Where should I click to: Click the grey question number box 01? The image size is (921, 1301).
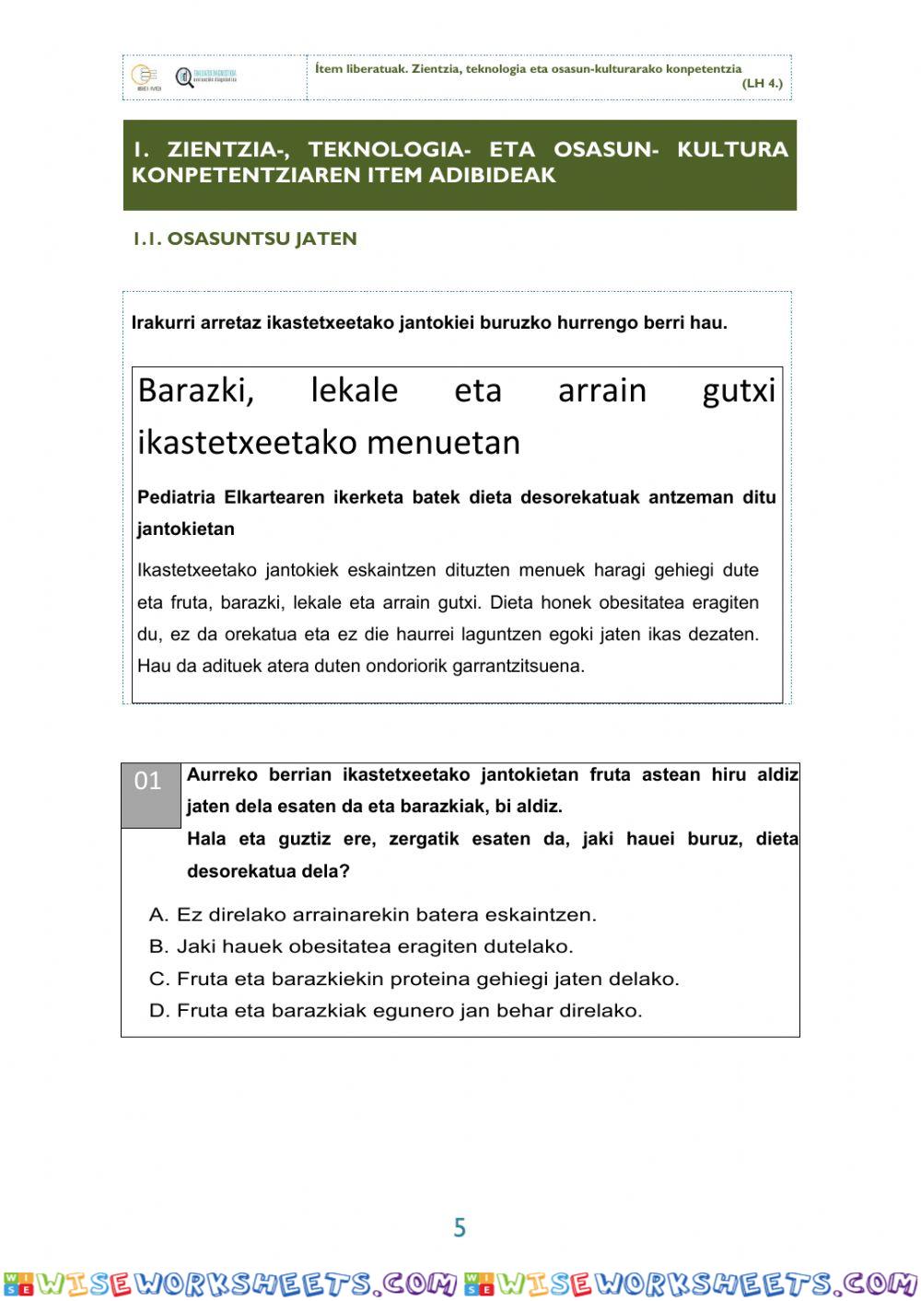point(150,794)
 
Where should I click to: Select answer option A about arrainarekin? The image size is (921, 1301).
point(373,914)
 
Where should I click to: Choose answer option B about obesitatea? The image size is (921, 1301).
point(361,947)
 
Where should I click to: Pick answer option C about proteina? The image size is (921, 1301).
point(414,979)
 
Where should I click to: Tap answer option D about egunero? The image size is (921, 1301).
point(396,1010)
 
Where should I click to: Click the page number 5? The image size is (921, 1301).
point(460,1227)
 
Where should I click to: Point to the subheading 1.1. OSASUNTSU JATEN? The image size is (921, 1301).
point(245,238)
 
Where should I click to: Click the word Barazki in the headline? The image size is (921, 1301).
point(195,390)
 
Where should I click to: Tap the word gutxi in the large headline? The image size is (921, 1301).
point(739,390)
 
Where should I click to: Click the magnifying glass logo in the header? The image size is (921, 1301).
point(185,77)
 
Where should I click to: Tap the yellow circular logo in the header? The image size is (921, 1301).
point(144,76)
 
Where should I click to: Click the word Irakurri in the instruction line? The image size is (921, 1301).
point(163,323)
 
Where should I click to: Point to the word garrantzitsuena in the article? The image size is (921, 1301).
point(518,666)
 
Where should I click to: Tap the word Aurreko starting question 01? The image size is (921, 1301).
point(222,774)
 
